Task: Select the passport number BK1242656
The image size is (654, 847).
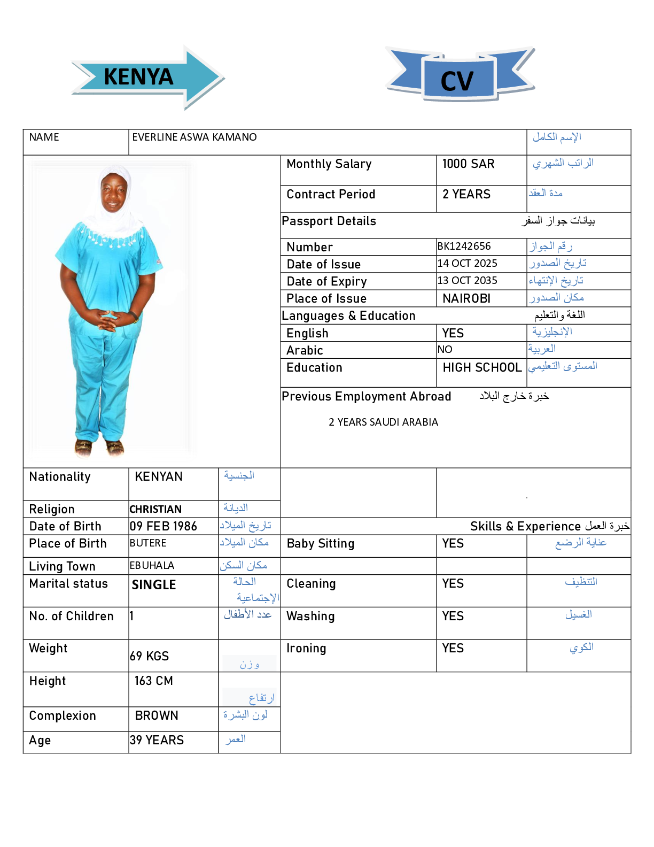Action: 464,247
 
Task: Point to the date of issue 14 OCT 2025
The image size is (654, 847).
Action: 467,264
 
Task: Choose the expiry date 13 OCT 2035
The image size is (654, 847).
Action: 467,281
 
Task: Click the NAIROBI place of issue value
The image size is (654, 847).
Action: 466,298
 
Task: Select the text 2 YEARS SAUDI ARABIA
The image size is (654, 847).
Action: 383,422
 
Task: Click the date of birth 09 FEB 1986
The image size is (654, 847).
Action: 163,527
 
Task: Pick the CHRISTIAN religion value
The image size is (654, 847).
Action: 155,510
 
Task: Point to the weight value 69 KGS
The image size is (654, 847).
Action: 150,656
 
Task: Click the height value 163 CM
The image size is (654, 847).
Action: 154,681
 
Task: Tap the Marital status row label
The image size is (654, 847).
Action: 68,584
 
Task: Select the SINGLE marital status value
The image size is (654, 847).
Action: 154,585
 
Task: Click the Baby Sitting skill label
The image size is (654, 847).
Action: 321,544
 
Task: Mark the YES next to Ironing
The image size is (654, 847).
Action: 453,649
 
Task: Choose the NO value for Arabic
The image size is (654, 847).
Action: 445,350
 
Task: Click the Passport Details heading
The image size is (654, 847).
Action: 329,221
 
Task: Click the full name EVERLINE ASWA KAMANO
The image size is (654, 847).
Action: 194,137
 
